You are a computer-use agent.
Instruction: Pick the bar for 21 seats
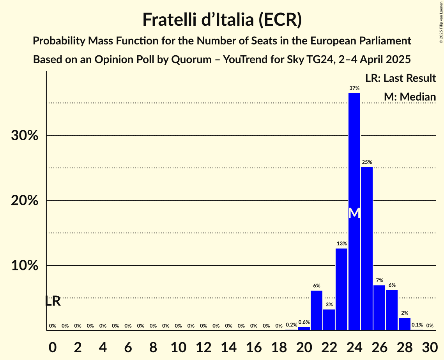click(317, 310)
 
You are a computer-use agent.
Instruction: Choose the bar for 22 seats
click(329, 319)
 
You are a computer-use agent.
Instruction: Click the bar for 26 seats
click(379, 308)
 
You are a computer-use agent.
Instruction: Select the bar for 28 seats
click(404, 324)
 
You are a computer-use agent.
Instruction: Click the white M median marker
click(354, 213)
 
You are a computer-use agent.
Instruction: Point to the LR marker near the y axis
click(53, 301)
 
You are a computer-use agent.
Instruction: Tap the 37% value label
click(354, 88)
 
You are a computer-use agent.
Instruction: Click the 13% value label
click(341, 244)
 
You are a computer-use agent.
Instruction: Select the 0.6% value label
click(304, 322)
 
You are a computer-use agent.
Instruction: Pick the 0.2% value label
click(291, 325)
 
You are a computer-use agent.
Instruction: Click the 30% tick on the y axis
click(24, 136)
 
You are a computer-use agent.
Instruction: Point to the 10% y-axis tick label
click(24, 266)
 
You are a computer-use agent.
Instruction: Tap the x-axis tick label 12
click(203, 346)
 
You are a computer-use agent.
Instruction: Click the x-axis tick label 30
click(429, 346)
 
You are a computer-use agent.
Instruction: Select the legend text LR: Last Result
click(400, 78)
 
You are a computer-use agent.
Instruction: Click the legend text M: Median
click(409, 97)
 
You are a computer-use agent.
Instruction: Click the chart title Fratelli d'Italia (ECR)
click(222, 20)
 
